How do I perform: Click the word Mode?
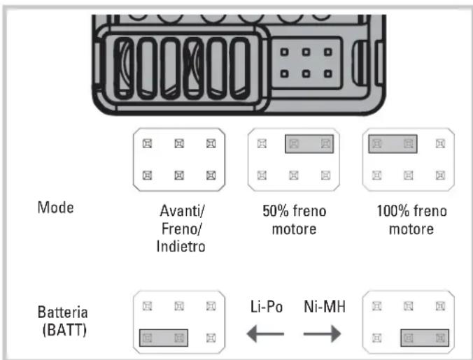(55, 208)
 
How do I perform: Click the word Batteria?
(63, 312)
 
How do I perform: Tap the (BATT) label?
(64, 330)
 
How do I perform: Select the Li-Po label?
(267, 307)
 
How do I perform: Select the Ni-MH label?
(325, 307)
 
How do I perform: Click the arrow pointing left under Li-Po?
(265, 334)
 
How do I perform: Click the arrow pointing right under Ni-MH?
(322, 334)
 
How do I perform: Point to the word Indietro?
(181, 247)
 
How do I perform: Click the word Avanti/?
(182, 211)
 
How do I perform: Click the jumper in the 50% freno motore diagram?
(309, 144)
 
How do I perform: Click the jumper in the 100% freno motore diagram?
(393, 144)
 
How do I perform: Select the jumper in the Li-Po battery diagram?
(164, 338)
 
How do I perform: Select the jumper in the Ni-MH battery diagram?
(425, 338)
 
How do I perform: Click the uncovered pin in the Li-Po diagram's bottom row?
(211, 338)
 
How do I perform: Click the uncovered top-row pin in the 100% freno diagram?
(440, 144)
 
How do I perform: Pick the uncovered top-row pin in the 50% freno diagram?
(262, 144)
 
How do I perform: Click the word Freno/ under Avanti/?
(182, 229)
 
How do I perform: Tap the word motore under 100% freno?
(411, 229)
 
